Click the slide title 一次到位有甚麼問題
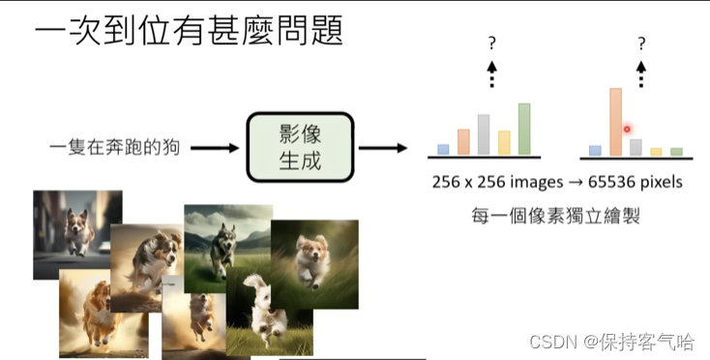click(188, 31)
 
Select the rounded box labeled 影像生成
click(300, 147)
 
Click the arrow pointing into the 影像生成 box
click(221, 148)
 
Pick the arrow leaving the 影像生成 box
click(382, 148)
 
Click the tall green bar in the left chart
click(524, 130)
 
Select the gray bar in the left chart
click(484, 135)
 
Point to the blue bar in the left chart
click(443, 150)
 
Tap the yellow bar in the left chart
click(504, 143)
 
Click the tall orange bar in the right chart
click(614, 122)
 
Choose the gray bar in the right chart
click(636, 147)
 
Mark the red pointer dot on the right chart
click(627, 129)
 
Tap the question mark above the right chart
click(641, 43)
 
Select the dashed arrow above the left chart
click(491, 75)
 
